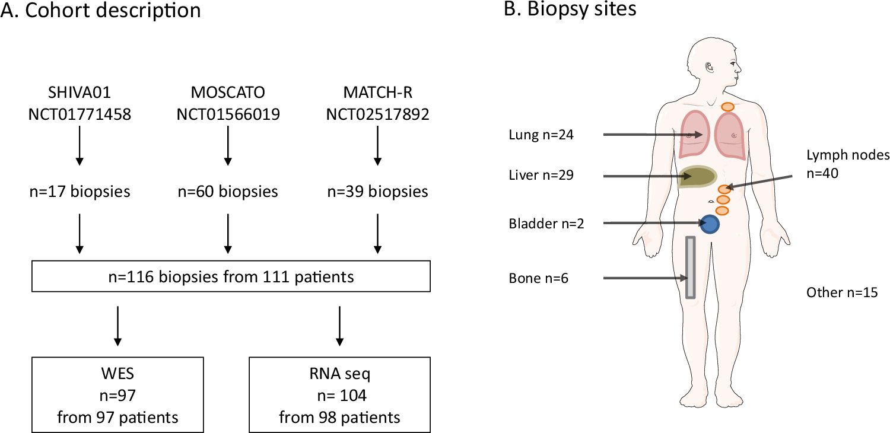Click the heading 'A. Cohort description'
coord(100,11)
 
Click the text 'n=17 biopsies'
coord(79,192)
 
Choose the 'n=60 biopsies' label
coord(227,192)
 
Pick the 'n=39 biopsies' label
coord(377,192)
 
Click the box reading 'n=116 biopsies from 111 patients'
coord(231,277)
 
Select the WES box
coord(117,394)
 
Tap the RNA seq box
coord(339,394)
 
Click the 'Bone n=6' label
coord(538,278)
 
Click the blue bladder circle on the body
coord(710,224)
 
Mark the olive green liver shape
coord(698,177)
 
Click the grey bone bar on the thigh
coord(690,268)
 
